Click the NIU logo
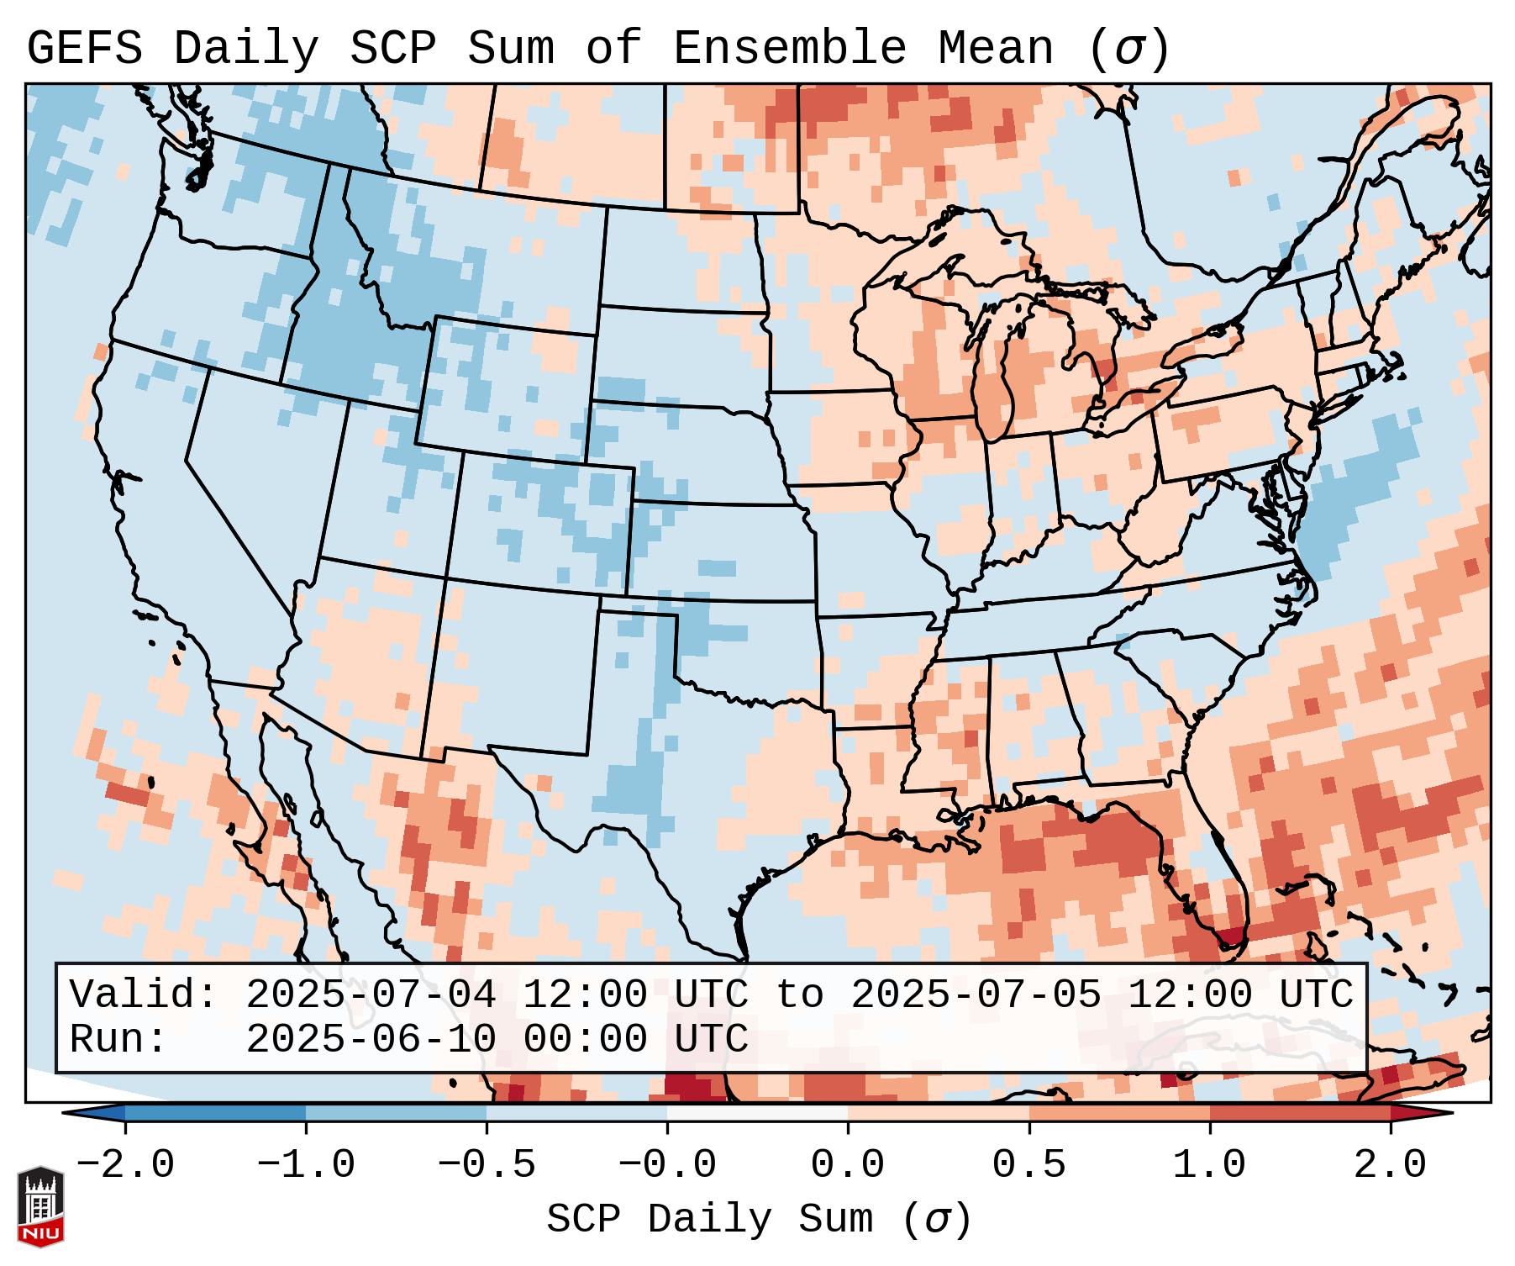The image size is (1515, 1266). (x=40, y=1206)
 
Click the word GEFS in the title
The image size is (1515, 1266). (x=84, y=49)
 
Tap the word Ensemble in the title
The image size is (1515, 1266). (x=790, y=49)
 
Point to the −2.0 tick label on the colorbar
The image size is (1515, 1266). (x=125, y=1165)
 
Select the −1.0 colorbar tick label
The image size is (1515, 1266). (x=306, y=1165)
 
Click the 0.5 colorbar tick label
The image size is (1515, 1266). (x=1029, y=1165)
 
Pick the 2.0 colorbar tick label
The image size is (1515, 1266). (x=1391, y=1165)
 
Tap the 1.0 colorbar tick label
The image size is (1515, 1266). (x=1210, y=1165)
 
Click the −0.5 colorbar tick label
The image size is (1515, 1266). (x=487, y=1165)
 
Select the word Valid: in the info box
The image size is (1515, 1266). (x=143, y=994)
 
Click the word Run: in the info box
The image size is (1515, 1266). (x=118, y=1039)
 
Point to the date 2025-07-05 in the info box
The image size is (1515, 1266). (x=976, y=994)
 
